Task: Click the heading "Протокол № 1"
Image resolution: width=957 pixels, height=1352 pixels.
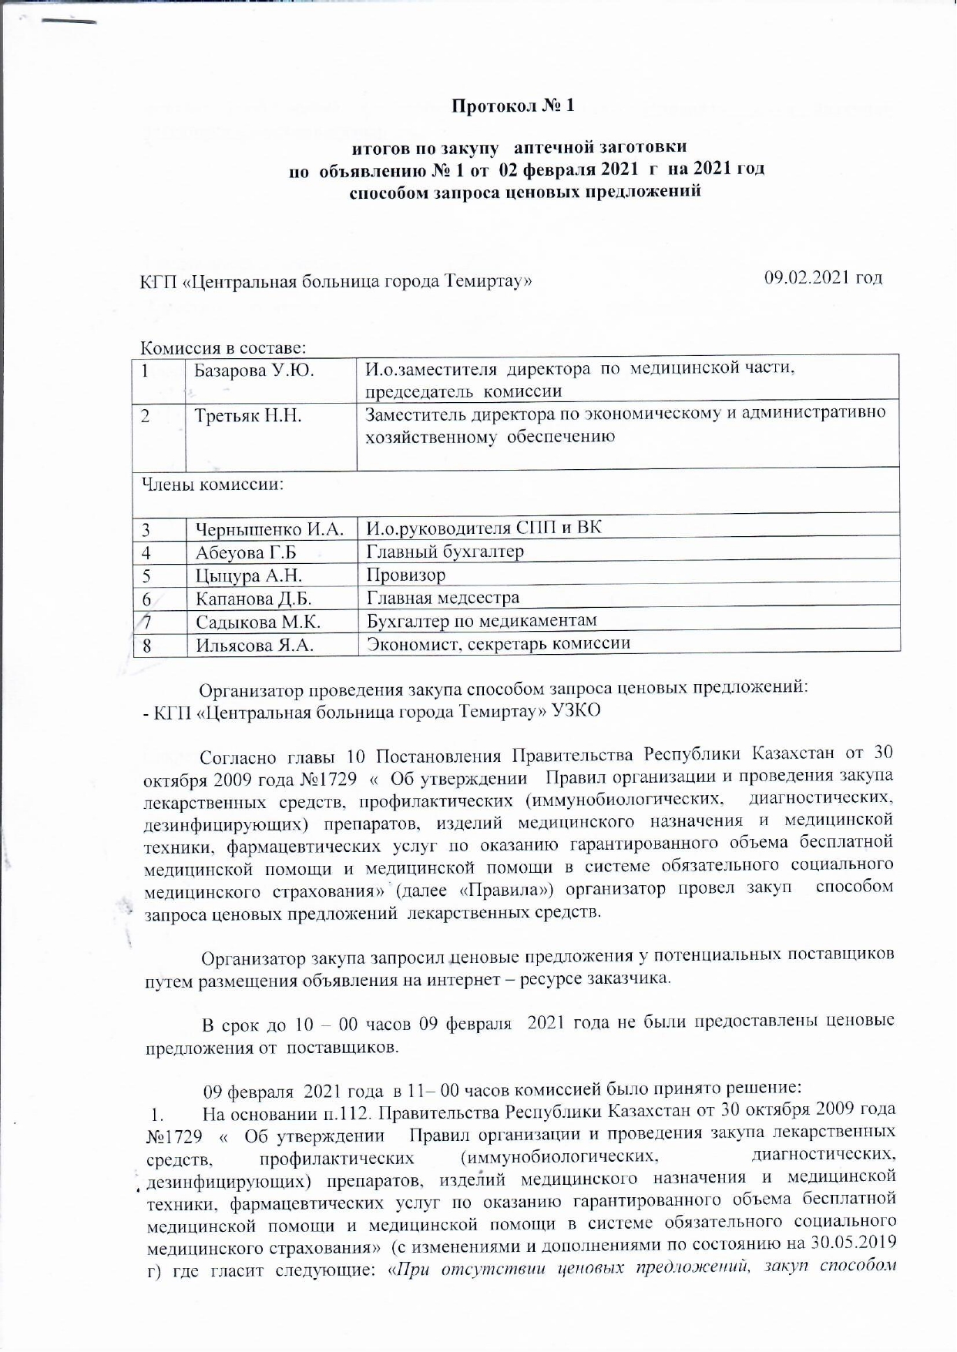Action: tap(512, 106)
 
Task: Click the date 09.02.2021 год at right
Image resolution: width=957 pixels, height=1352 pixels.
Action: tap(822, 277)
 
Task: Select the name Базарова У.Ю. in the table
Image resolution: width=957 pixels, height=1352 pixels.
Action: tap(254, 370)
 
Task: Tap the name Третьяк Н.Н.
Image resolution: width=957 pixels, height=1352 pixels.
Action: tap(247, 417)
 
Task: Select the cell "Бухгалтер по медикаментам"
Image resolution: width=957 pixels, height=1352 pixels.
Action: tap(481, 620)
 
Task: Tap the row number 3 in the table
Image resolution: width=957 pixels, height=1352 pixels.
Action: tap(146, 529)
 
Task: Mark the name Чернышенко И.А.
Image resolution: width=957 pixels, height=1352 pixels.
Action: tap(269, 529)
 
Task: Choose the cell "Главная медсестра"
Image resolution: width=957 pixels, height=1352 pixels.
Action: tap(442, 597)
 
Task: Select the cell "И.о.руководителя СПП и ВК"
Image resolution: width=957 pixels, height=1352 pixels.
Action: tap(483, 528)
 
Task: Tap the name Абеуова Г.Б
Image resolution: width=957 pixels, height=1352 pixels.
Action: tap(246, 552)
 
